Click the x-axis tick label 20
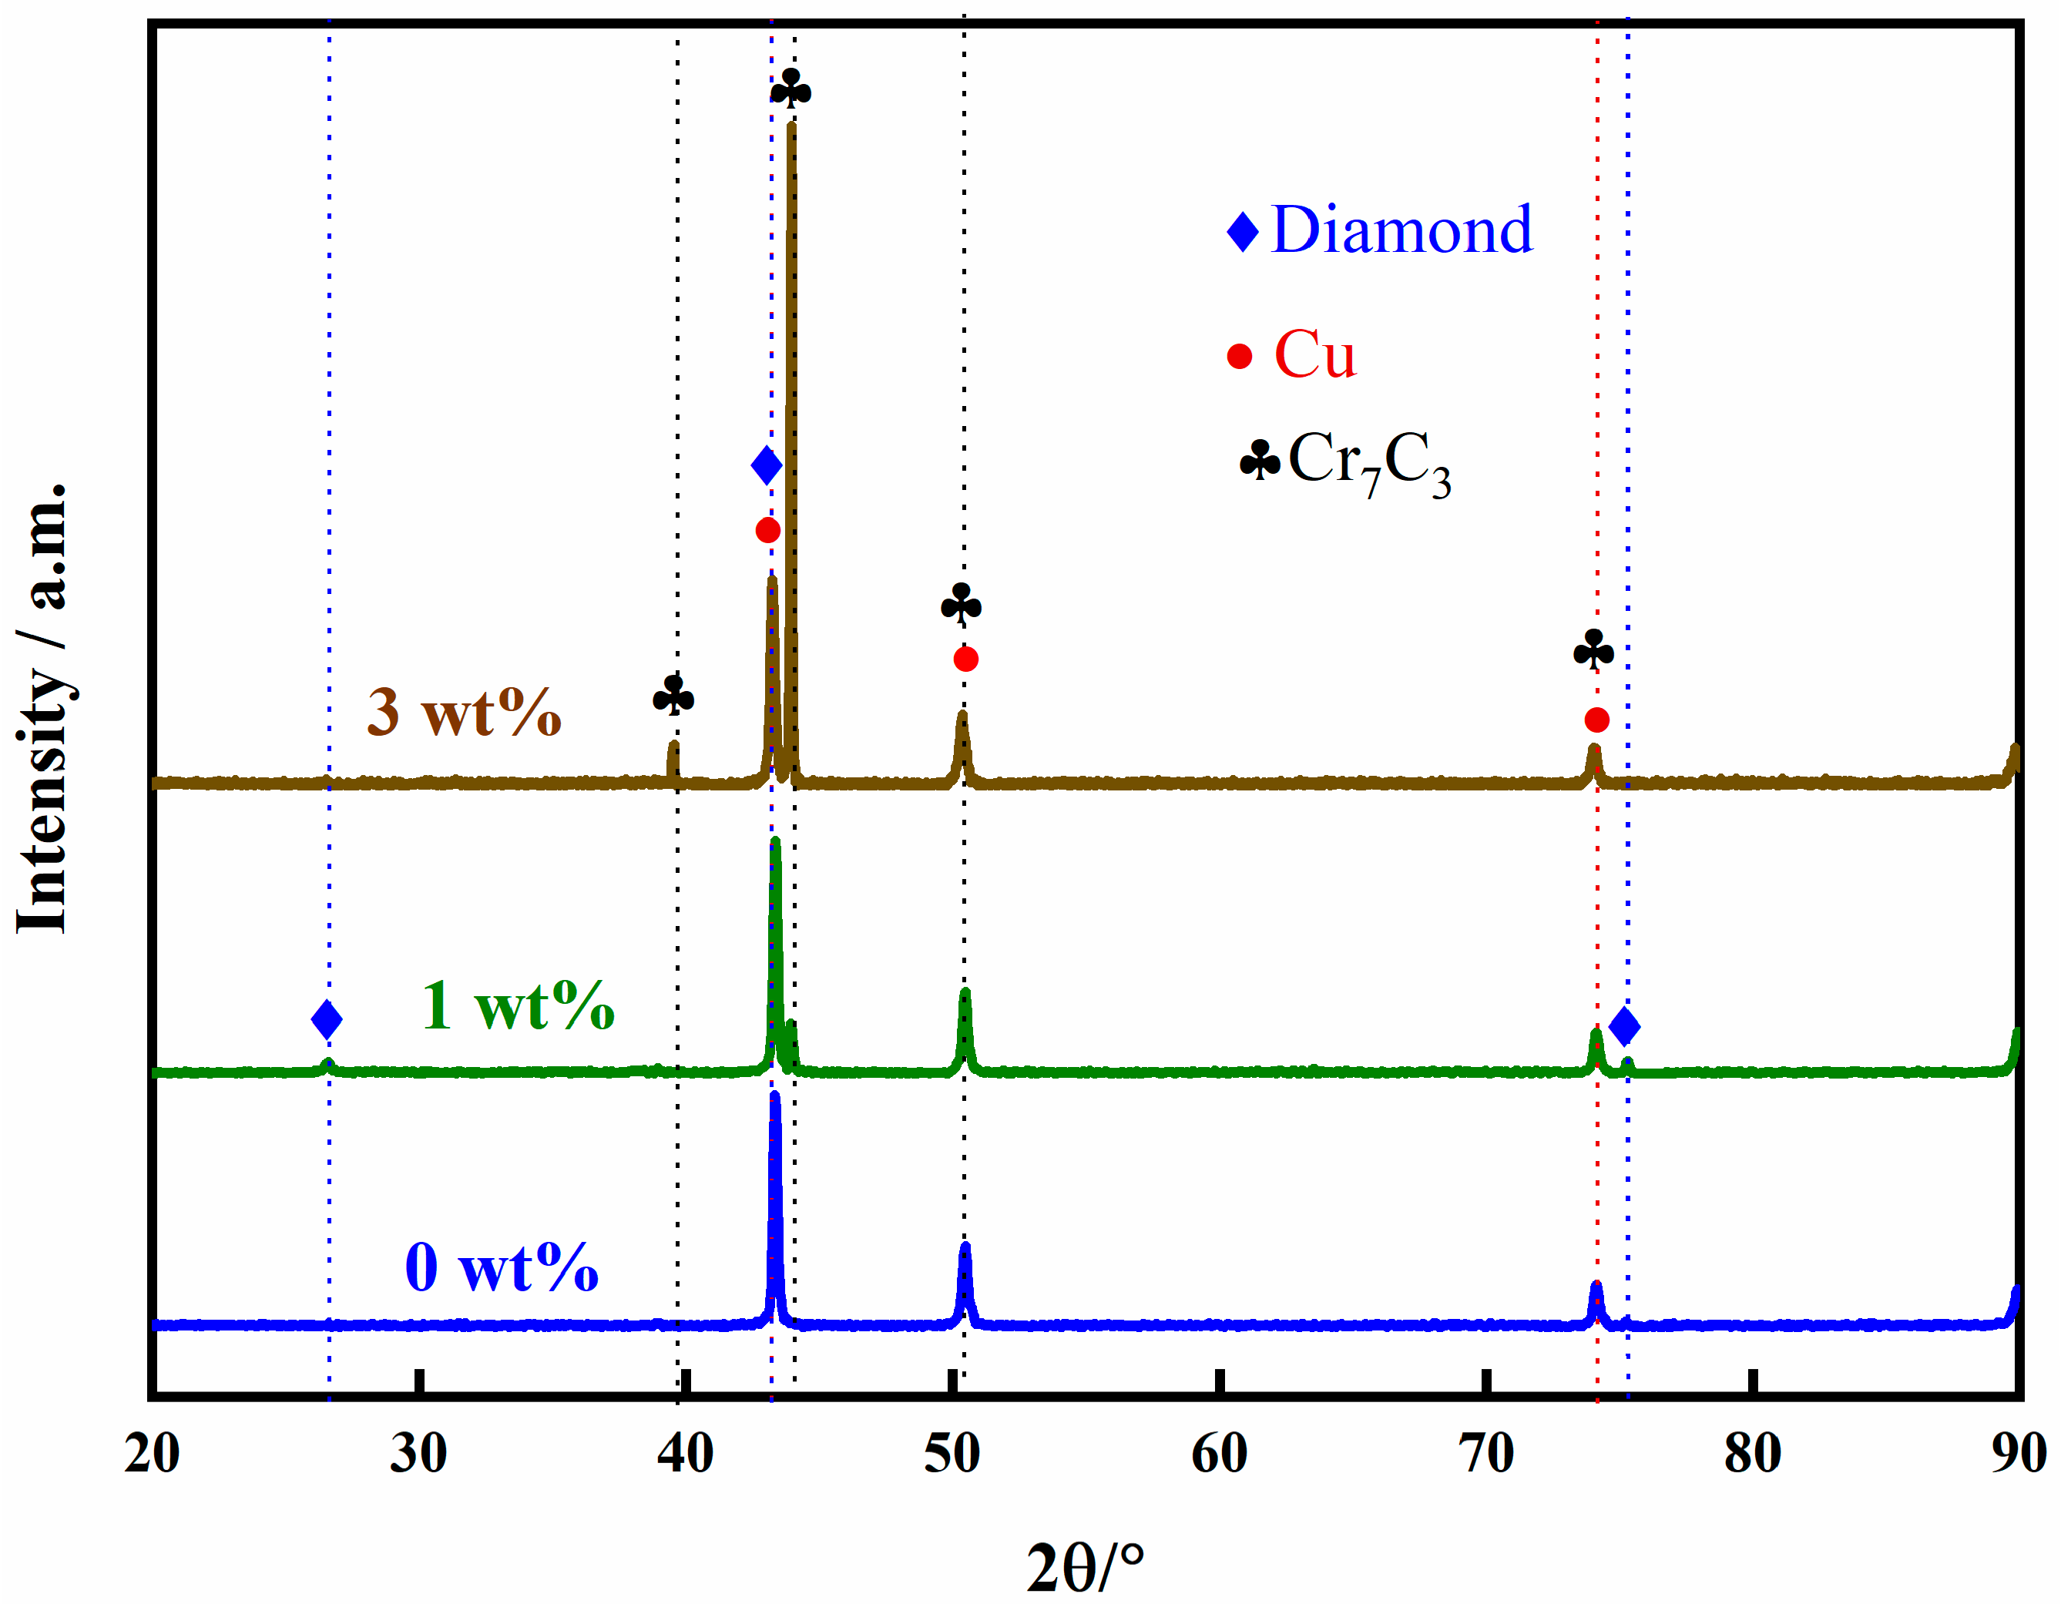[151, 1454]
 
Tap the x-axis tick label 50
[952, 1454]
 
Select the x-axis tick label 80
[1752, 1454]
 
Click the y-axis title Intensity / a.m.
[42, 708]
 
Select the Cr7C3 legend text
[1368, 461]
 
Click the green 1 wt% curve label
[517, 1006]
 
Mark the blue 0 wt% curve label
[501, 1267]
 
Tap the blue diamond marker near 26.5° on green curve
[327, 1019]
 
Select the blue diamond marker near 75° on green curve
[1624, 1025]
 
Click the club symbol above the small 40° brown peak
[673, 696]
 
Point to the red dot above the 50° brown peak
[965, 659]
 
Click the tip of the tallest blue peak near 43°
[775, 1096]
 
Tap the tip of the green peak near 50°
[965, 992]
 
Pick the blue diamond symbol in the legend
[1243, 231]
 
